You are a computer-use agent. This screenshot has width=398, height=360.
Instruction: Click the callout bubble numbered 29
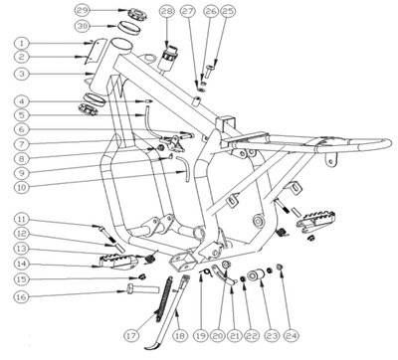82,10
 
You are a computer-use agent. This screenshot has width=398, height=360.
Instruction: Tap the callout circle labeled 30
82,26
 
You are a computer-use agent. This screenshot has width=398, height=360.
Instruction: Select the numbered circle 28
167,11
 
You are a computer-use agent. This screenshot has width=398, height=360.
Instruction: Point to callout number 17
131,336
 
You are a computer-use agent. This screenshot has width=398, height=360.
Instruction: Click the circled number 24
291,336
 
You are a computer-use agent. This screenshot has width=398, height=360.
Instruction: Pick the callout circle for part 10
21,187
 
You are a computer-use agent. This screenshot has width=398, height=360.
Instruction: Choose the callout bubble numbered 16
21,296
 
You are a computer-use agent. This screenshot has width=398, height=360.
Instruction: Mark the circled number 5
21,115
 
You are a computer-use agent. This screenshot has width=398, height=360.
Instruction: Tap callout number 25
227,11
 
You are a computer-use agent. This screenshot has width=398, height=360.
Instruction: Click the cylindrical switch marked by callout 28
168,57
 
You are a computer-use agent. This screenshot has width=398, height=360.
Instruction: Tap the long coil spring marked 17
164,296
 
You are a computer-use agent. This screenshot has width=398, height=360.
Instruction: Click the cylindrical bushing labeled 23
258,275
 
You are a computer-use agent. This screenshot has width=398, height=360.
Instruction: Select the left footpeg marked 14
117,262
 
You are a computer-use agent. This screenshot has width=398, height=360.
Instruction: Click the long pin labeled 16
142,288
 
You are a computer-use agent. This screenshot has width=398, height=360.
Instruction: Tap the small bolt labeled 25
208,71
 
